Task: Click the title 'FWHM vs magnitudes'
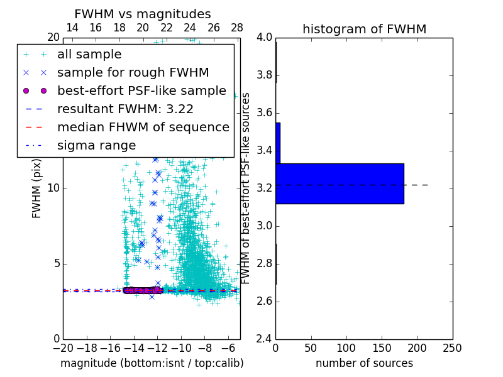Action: [143, 14]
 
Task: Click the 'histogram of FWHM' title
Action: [364, 29]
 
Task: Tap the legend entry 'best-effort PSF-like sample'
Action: [141, 90]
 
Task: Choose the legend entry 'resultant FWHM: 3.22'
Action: [125, 109]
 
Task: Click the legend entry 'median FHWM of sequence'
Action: [143, 127]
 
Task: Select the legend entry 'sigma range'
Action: [96, 145]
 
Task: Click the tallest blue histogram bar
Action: [340, 183]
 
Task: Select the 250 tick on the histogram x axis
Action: [452, 348]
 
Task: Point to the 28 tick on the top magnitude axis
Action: [237, 28]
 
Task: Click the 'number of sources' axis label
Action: [364, 363]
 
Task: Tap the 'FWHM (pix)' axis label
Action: [37, 188]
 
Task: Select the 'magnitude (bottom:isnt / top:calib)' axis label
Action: [152, 363]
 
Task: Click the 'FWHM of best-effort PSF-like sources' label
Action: [246, 188]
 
